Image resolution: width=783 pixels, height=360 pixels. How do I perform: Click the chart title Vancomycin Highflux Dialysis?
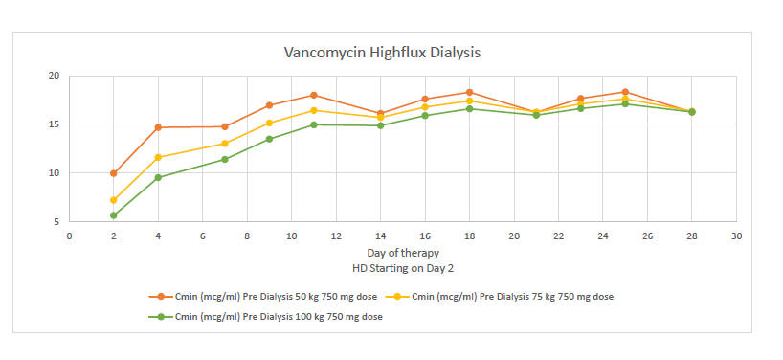pyautogui.click(x=382, y=52)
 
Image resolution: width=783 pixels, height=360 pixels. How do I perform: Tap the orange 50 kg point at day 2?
pyautogui.click(x=114, y=173)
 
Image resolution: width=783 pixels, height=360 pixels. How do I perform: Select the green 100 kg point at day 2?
pyautogui.click(x=114, y=215)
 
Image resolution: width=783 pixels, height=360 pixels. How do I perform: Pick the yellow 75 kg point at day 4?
pyautogui.click(x=158, y=157)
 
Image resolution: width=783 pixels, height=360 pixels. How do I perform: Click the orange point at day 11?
pyautogui.click(x=314, y=95)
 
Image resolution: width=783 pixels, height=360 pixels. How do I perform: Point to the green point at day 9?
pyautogui.click(x=269, y=139)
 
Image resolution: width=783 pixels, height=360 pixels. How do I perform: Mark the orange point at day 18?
pyautogui.click(x=469, y=92)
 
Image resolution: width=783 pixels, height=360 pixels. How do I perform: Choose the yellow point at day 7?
pyautogui.click(x=225, y=144)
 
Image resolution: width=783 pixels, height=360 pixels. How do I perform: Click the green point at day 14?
pyautogui.click(x=380, y=125)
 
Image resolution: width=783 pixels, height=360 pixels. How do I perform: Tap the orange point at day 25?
pyautogui.click(x=625, y=92)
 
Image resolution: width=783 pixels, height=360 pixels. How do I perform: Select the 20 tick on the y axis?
pyautogui.click(x=54, y=76)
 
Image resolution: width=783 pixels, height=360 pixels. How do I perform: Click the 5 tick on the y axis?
pyautogui.click(x=56, y=222)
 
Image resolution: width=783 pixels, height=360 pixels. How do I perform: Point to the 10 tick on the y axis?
pyautogui.click(x=54, y=173)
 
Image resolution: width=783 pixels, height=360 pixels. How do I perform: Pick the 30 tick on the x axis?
pyautogui.click(x=736, y=236)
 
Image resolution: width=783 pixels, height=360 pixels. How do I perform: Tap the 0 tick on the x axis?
pyautogui.click(x=69, y=236)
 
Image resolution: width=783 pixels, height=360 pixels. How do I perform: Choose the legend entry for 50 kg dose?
pyautogui.click(x=275, y=297)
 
